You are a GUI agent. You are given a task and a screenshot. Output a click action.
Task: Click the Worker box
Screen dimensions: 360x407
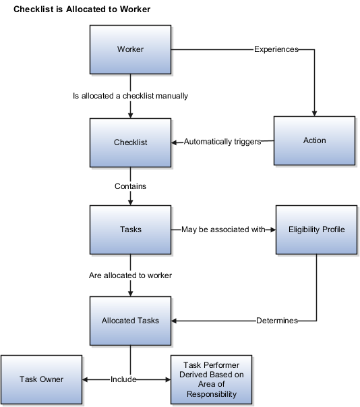point(130,49)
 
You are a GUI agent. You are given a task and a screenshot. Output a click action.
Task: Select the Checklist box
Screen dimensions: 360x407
point(130,142)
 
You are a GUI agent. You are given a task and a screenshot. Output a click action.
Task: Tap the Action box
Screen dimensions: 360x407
point(314,140)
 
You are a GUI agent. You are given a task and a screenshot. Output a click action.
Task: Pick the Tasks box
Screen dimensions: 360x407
point(130,229)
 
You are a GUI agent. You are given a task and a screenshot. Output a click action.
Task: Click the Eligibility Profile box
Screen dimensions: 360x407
point(316,229)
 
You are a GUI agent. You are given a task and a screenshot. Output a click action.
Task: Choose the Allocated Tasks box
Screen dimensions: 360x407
point(130,321)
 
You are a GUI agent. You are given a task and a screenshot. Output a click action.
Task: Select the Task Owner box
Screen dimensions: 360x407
point(42,379)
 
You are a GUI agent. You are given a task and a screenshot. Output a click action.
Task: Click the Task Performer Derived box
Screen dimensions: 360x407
point(211,379)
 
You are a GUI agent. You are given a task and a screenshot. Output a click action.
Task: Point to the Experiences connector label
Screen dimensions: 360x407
point(276,49)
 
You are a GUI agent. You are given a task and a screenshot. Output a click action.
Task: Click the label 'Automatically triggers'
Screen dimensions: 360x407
point(222,142)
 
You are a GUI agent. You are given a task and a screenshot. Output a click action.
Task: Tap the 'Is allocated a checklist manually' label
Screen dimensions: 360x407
point(130,96)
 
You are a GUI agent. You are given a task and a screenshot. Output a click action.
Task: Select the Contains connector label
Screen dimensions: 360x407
point(130,186)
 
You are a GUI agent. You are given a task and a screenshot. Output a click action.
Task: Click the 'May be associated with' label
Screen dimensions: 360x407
point(223,229)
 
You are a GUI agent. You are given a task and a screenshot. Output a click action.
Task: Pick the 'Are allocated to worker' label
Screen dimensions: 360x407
point(130,275)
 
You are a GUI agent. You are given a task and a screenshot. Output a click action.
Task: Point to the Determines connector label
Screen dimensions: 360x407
point(277,321)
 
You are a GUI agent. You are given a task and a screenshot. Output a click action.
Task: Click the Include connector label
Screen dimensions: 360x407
point(123,379)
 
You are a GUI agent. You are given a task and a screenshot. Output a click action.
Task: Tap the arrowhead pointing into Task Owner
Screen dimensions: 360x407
point(85,380)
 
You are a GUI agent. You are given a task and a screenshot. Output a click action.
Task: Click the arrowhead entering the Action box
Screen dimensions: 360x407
point(314,113)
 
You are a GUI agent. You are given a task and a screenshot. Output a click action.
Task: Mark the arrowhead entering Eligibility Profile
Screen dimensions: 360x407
point(273,229)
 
